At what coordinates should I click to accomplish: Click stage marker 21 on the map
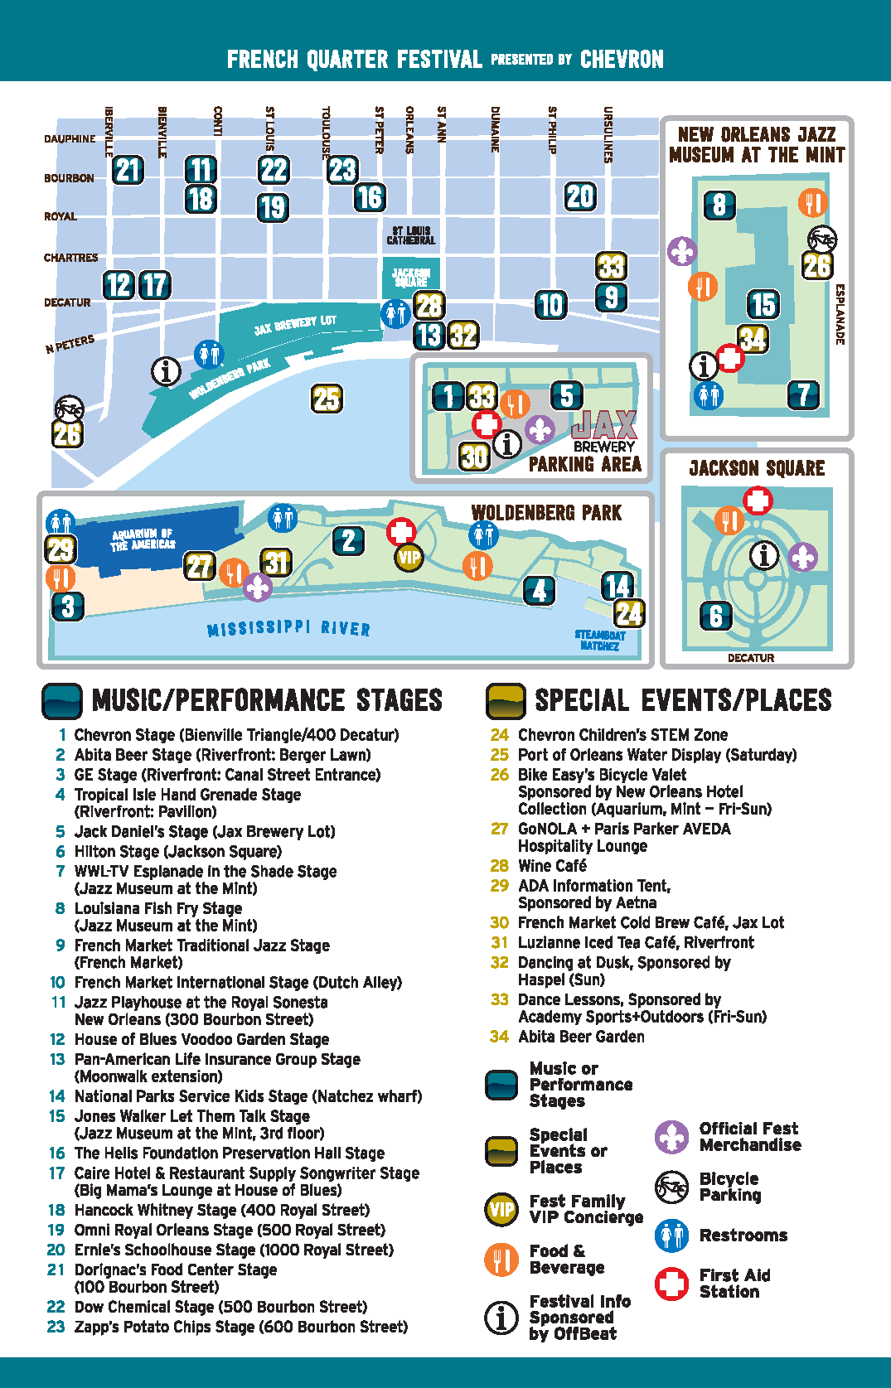(128, 170)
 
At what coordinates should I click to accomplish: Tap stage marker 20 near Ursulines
(580, 196)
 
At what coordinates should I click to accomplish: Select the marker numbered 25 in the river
(327, 399)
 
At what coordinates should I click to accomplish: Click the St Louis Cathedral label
(410, 236)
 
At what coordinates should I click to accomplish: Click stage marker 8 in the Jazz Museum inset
(719, 204)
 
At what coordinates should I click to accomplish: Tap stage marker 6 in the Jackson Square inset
(716, 615)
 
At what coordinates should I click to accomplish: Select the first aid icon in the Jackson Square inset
(758, 501)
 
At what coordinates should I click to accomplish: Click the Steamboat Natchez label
(599, 640)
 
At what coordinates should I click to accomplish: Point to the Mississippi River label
(288, 629)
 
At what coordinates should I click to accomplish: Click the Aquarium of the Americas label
(143, 539)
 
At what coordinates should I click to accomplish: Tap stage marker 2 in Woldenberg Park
(348, 541)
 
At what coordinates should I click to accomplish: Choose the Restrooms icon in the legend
(671, 1236)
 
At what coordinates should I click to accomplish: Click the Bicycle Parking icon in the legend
(671, 1187)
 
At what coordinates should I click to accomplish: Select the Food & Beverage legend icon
(501, 1260)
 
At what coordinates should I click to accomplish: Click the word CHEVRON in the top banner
(622, 60)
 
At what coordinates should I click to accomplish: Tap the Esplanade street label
(840, 315)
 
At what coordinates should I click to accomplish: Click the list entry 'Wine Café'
(552, 866)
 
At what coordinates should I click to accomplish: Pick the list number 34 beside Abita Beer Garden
(499, 1037)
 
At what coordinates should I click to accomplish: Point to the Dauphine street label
(70, 139)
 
